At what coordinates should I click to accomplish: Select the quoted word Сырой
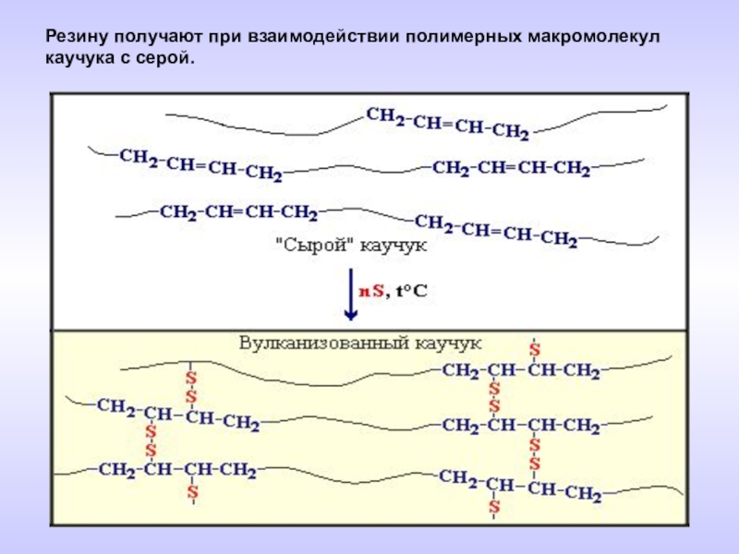tap(308, 247)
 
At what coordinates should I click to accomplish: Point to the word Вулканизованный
tap(321, 342)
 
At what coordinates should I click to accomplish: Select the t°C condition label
tap(412, 290)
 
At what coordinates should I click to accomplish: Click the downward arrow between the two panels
tap(350, 295)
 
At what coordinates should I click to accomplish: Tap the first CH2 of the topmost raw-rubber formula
tap(383, 116)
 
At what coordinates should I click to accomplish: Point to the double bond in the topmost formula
tap(444, 122)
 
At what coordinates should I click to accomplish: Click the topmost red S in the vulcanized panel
tap(534, 350)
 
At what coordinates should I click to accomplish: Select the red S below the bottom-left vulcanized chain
tap(193, 494)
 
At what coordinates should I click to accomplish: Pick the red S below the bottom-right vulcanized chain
tap(495, 507)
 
